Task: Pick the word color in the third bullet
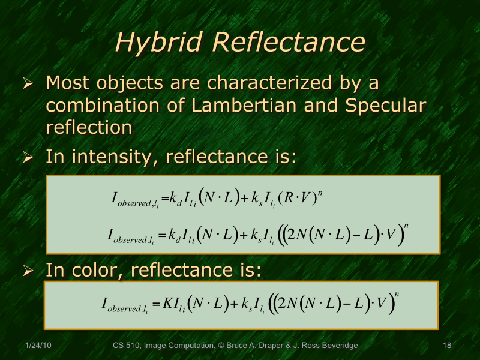coord(95,270)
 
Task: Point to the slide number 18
coord(446,346)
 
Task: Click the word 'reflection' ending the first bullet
coord(89,127)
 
